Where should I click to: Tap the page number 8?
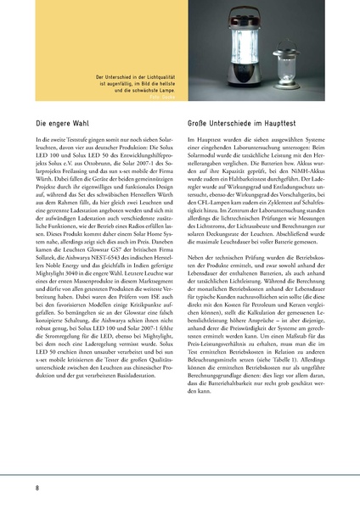click(x=37, y=488)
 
